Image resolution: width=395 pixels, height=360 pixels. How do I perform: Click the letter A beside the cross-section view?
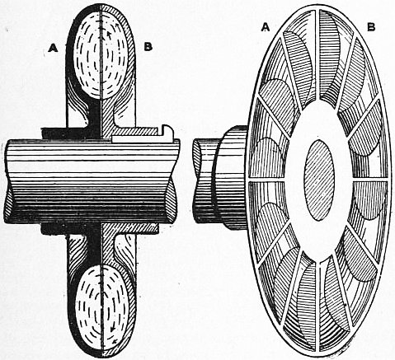tap(53, 49)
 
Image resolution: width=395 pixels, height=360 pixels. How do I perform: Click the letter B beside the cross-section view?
tap(148, 47)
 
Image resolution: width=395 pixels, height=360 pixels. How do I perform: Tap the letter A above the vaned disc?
tap(266, 27)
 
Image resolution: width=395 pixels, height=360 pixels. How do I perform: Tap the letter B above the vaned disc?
tap(371, 27)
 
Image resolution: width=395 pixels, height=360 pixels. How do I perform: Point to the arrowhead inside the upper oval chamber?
tap(109, 34)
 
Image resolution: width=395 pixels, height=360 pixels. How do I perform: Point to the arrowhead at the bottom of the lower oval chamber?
tap(115, 341)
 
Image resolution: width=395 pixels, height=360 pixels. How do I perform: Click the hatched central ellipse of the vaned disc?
tap(319, 180)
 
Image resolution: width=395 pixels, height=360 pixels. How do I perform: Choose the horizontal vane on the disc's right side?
tap(370, 180)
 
